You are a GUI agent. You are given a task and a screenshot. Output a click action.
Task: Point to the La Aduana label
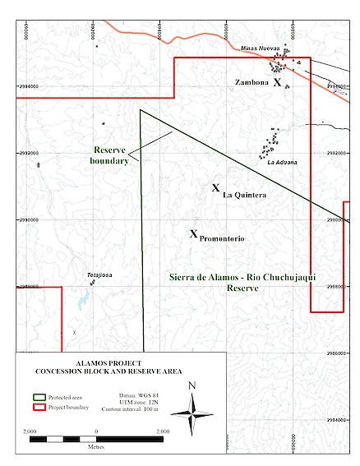pyautogui.click(x=282, y=162)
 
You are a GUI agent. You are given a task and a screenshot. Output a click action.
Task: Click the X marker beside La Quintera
pyautogui.click(x=215, y=188)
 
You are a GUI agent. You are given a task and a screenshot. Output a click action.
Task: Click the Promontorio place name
pyautogui.click(x=223, y=238)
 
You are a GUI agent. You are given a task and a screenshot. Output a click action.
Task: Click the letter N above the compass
pyautogui.click(x=192, y=385)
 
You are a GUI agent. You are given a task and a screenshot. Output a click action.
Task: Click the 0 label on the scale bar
pyautogui.click(x=96, y=431)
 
